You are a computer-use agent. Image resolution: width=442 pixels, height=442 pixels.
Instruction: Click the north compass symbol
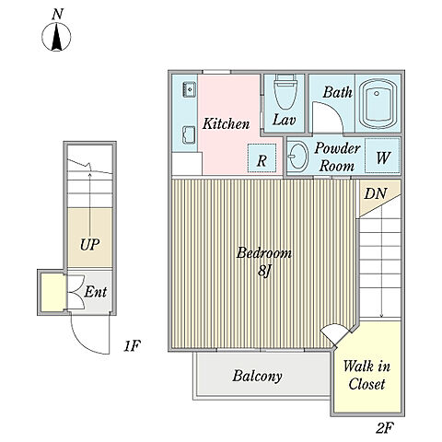point(56,37)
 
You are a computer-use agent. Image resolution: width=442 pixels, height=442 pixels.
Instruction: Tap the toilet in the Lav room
point(285,91)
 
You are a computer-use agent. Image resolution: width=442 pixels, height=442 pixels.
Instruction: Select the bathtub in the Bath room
point(378,104)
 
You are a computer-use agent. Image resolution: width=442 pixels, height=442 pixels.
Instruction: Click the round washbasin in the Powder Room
point(298,157)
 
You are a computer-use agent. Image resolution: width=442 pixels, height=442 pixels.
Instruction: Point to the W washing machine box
point(382,156)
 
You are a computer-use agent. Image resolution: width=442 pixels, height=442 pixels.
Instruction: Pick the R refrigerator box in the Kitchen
point(262,158)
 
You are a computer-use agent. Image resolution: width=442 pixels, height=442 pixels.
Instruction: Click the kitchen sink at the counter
point(190,89)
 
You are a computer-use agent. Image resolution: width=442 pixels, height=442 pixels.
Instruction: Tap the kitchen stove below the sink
point(189,134)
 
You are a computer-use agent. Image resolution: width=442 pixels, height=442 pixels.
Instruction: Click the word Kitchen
point(226,123)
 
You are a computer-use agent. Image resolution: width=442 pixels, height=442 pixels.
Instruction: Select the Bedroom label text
point(263,253)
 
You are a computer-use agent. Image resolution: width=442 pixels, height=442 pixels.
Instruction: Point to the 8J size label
point(264,271)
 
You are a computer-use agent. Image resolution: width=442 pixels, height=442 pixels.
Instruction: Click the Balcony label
point(257,377)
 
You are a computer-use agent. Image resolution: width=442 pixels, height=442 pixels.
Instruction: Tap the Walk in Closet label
point(366,375)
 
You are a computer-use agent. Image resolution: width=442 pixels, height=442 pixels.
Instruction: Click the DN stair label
point(375,193)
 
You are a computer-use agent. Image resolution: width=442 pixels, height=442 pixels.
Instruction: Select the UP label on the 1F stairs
point(90,245)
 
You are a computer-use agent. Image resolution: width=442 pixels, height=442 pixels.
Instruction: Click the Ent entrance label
point(96,292)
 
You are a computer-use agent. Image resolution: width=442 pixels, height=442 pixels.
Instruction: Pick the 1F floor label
point(132,346)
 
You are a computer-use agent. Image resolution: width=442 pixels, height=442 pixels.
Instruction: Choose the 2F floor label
point(385,427)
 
